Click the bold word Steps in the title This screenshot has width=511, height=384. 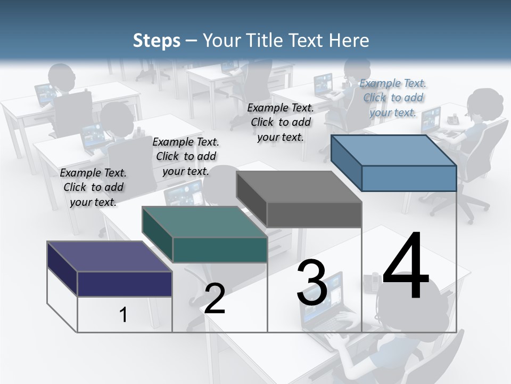(156, 41)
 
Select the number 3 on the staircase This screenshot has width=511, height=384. (312, 283)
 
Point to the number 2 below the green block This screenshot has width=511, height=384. (215, 298)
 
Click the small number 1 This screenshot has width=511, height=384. (123, 315)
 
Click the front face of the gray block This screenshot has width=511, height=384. (314, 215)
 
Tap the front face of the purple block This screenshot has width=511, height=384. (125, 284)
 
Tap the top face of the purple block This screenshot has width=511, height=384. (109, 256)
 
